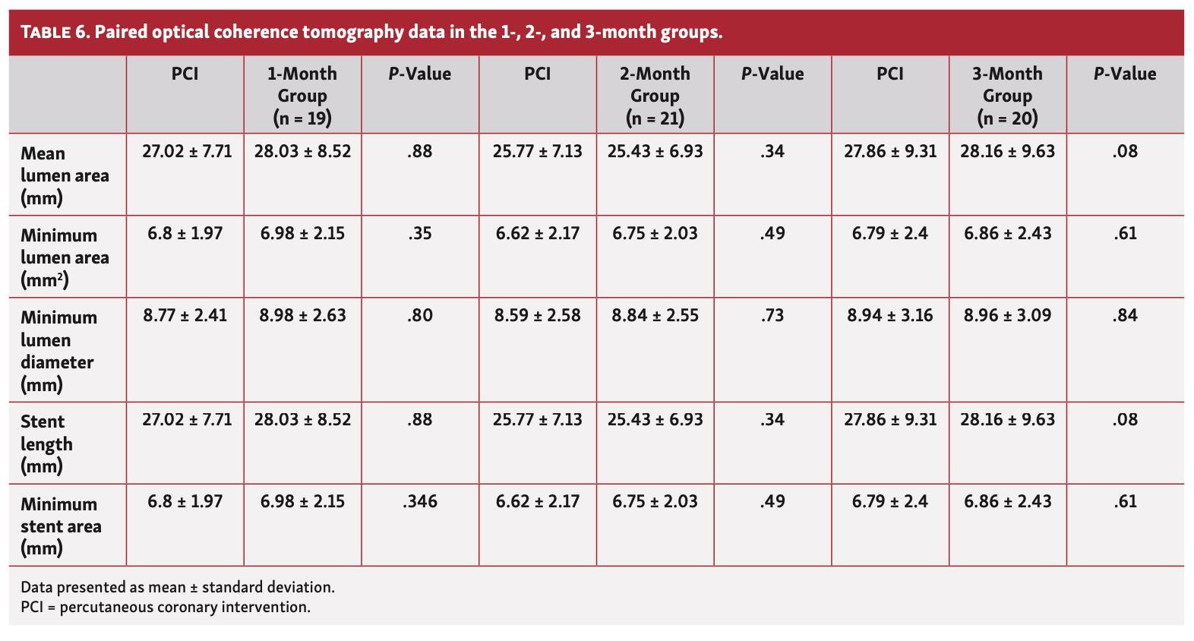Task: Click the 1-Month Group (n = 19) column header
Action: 302,96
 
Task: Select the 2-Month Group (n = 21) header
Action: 655,96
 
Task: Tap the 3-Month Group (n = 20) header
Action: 1007,96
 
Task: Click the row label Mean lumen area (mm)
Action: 65,175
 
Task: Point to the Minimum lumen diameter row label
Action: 58,351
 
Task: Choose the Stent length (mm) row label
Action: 46,444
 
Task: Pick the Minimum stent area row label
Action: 61,526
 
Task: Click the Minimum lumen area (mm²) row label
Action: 65,257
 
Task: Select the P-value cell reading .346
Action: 420,501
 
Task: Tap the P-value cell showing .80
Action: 420,315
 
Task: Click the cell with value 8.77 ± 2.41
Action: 185,315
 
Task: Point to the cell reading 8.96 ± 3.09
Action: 1007,315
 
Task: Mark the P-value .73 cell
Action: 772,315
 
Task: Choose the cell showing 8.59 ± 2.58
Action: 537,315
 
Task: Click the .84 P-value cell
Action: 1125,315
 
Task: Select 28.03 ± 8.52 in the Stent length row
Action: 302,419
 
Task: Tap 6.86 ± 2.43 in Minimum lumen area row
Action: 1007,233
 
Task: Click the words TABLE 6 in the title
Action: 55,33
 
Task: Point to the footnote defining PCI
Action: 166,608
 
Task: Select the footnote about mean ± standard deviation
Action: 178,587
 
